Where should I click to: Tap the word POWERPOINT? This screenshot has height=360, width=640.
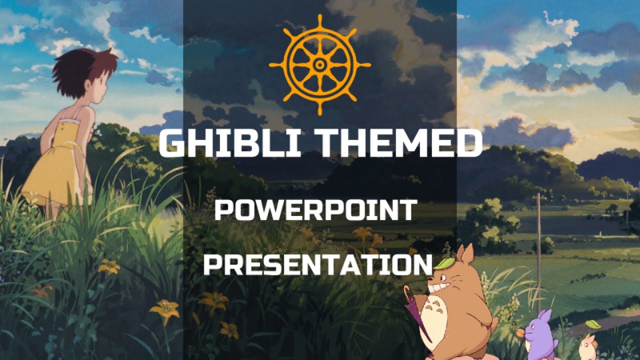(x=315, y=210)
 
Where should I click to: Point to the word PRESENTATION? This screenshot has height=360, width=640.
(x=317, y=265)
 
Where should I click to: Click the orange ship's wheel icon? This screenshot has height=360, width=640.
(x=319, y=64)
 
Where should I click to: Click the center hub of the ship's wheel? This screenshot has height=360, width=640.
(x=319, y=64)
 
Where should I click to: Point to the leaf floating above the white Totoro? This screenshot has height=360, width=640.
(x=593, y=324)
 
